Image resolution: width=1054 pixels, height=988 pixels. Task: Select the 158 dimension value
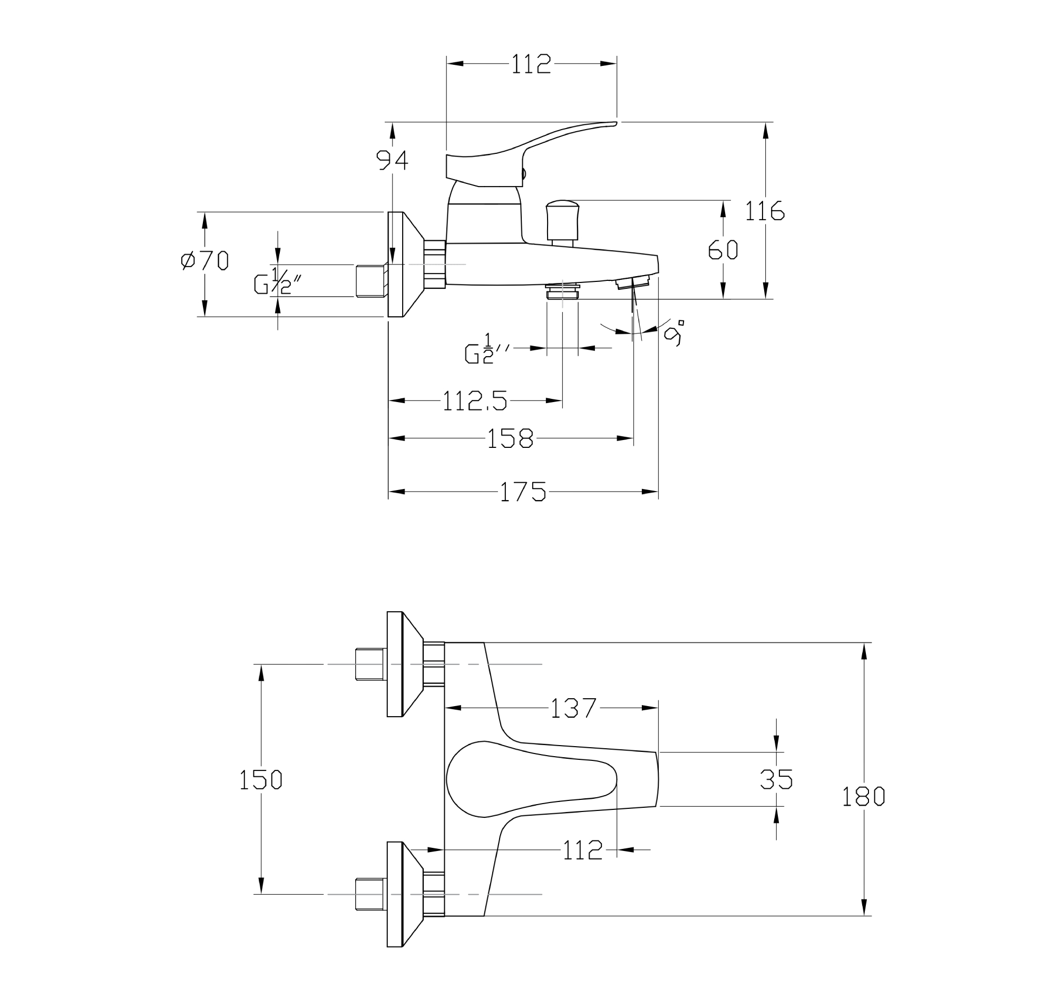510,438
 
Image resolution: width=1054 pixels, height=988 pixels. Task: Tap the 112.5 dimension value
474,400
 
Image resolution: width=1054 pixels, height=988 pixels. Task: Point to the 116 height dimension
764,211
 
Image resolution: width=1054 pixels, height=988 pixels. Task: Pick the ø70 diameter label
204,261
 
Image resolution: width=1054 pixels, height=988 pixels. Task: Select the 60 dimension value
723,250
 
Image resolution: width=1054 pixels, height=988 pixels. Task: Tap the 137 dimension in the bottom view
574,708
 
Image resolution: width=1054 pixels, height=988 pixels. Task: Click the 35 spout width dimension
776,779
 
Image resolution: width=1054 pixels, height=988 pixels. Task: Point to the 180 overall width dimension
863,797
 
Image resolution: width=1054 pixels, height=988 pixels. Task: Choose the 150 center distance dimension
260,780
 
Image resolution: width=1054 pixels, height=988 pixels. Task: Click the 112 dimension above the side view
531,64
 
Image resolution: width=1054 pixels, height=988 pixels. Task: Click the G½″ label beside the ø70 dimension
277,281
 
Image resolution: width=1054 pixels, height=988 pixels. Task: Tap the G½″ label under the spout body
486,349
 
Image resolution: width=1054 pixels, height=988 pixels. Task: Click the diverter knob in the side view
562,222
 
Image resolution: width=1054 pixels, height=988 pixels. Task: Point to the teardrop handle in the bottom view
525,779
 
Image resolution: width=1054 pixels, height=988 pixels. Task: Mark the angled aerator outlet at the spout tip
633,283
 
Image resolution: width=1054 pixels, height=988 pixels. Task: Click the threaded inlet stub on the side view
370,281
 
